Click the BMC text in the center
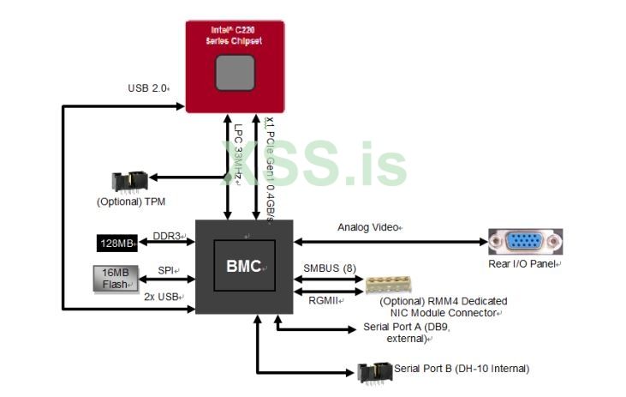(x=243, y=266)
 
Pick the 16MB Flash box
(x=115, y=278)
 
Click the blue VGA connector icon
(x=525, y=242)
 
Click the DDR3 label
(x=167, y=236)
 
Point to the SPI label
(x=166, y=270)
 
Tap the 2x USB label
(x=163, y=296)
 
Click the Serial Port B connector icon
(x=373, y=370)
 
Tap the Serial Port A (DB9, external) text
(x=407, y=333)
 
